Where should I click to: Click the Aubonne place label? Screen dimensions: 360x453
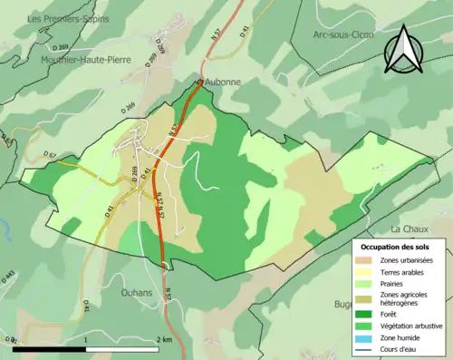pyautogui.click(x=223, y=82)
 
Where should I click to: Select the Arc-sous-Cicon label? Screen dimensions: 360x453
pyautogui.click(x=344, y=34)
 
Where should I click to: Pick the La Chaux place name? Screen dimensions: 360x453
pyautogui.click(x=408, y=228)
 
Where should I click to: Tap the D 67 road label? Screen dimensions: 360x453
pyautogui.click(x=49, y=156)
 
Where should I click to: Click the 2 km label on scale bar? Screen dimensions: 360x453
pyautogui.click(x=163, y=339)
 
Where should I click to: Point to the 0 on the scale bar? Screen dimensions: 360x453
pyautogui.click(x=15, y=339)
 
